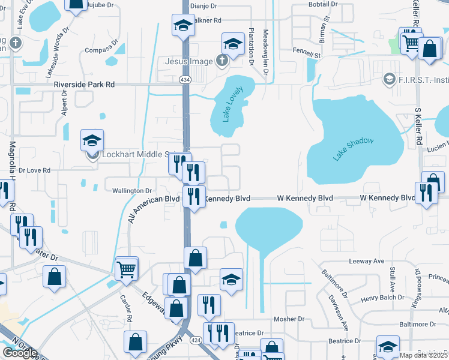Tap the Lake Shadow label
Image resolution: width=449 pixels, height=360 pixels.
(x=354, y=149)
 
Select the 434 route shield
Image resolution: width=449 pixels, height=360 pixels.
(x=185, y=79)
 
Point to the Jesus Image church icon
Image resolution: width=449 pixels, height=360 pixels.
(x=222, y=61)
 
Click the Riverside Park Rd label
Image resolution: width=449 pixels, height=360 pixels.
(x=84, y=85)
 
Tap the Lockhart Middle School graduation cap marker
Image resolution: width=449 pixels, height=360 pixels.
(x=92, y=141)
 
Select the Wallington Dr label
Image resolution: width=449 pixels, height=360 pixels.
(x=132, y=191)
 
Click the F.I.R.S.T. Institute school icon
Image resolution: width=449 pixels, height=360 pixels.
(x=390, y=79)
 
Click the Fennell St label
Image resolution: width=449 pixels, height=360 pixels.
(x=307, y=54)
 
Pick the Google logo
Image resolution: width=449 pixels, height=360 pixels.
(x=20, y=352)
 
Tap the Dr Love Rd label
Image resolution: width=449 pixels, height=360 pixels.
(x=34, y=170)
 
